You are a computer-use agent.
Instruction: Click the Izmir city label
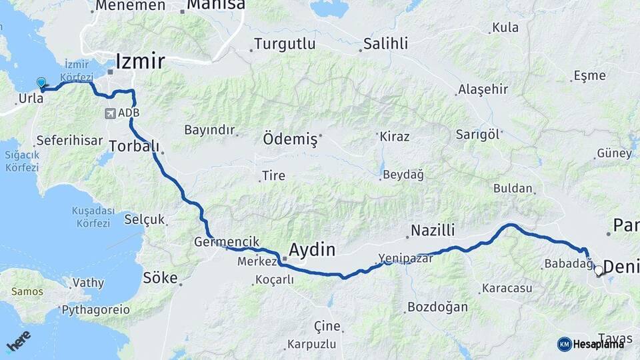click(x=140, y=62)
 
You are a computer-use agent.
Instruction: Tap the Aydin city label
click(x=311, y=250)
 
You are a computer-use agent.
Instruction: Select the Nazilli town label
click(x=433, y=231)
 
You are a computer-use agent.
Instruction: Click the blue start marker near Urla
click(x=41, y=83)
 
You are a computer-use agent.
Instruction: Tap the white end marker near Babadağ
click(x=599, y=271)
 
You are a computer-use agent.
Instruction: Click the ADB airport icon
click(x=109, y=113)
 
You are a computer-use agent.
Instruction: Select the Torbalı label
click(x=134, y=145)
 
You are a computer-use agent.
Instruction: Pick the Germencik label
click(x=227, y=242)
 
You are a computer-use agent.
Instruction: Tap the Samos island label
click(x=27, y=291)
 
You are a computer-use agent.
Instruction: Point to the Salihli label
click(x=385, y=45)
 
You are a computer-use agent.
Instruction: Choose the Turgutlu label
click(x=284, y=45)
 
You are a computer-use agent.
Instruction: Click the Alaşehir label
click(x=483, y=89)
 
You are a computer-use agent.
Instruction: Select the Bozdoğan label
click(x=437, y=307)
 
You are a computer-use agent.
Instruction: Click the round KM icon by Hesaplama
click(x=564, y=344)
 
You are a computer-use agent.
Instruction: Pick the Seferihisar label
click(x=69, y=141)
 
